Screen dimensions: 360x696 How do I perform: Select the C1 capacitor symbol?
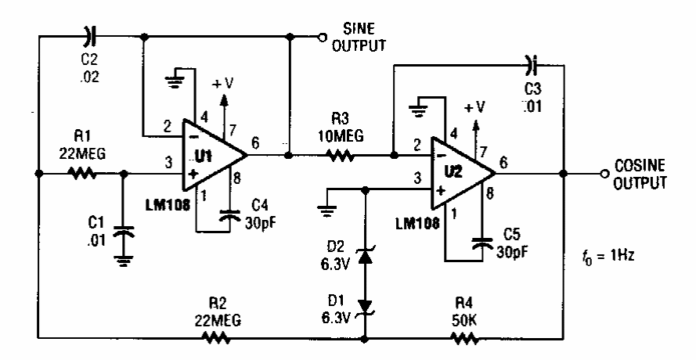click(123, 231)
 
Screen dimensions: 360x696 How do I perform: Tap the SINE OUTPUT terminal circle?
click(321, 36)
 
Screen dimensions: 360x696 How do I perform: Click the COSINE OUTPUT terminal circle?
click(603, 173)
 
